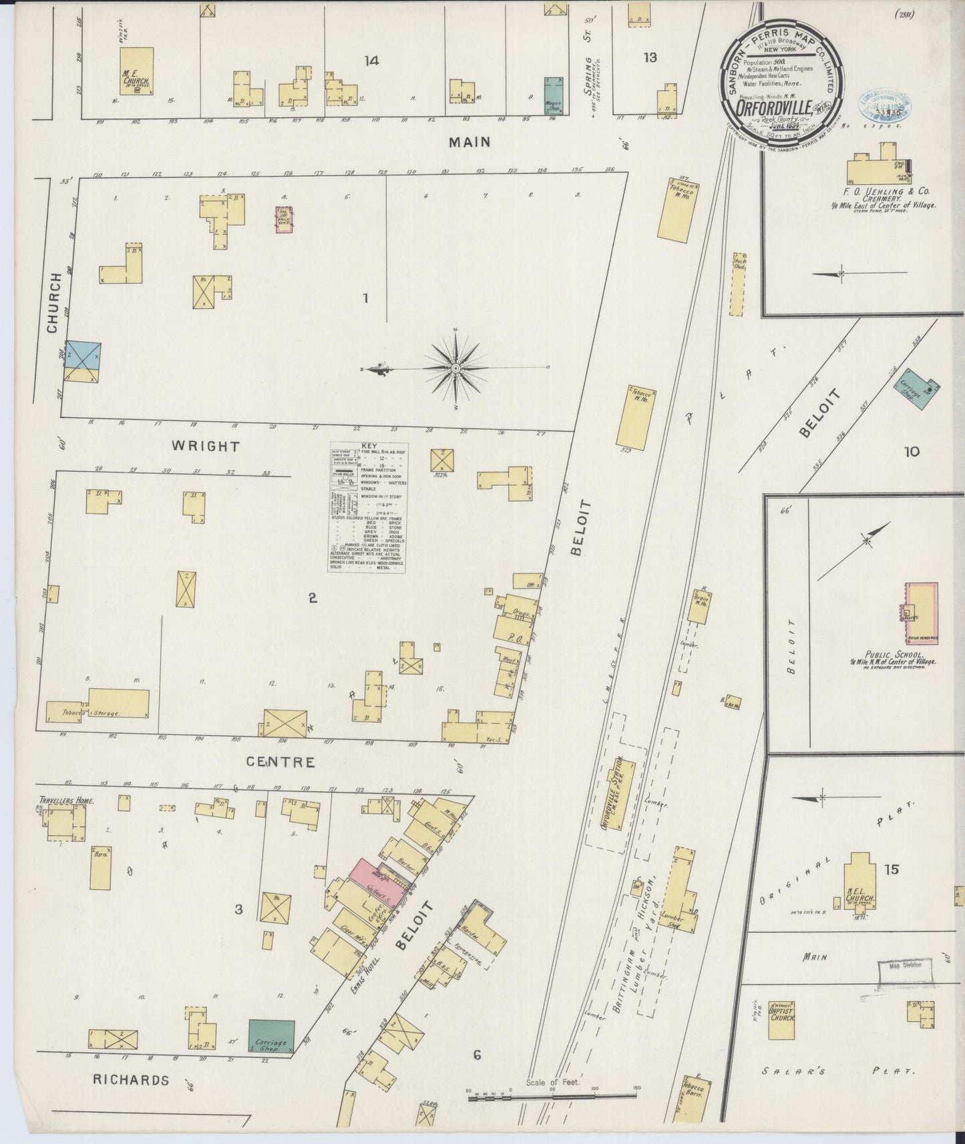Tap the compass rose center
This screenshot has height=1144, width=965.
click(455, 368)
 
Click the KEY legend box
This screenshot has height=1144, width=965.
click(369, 507)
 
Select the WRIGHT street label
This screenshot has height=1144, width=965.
click(206, 446)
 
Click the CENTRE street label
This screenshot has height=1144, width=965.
click(280, 762)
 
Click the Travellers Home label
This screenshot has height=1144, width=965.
click(66, 800)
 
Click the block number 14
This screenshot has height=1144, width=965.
click(372, 61)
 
